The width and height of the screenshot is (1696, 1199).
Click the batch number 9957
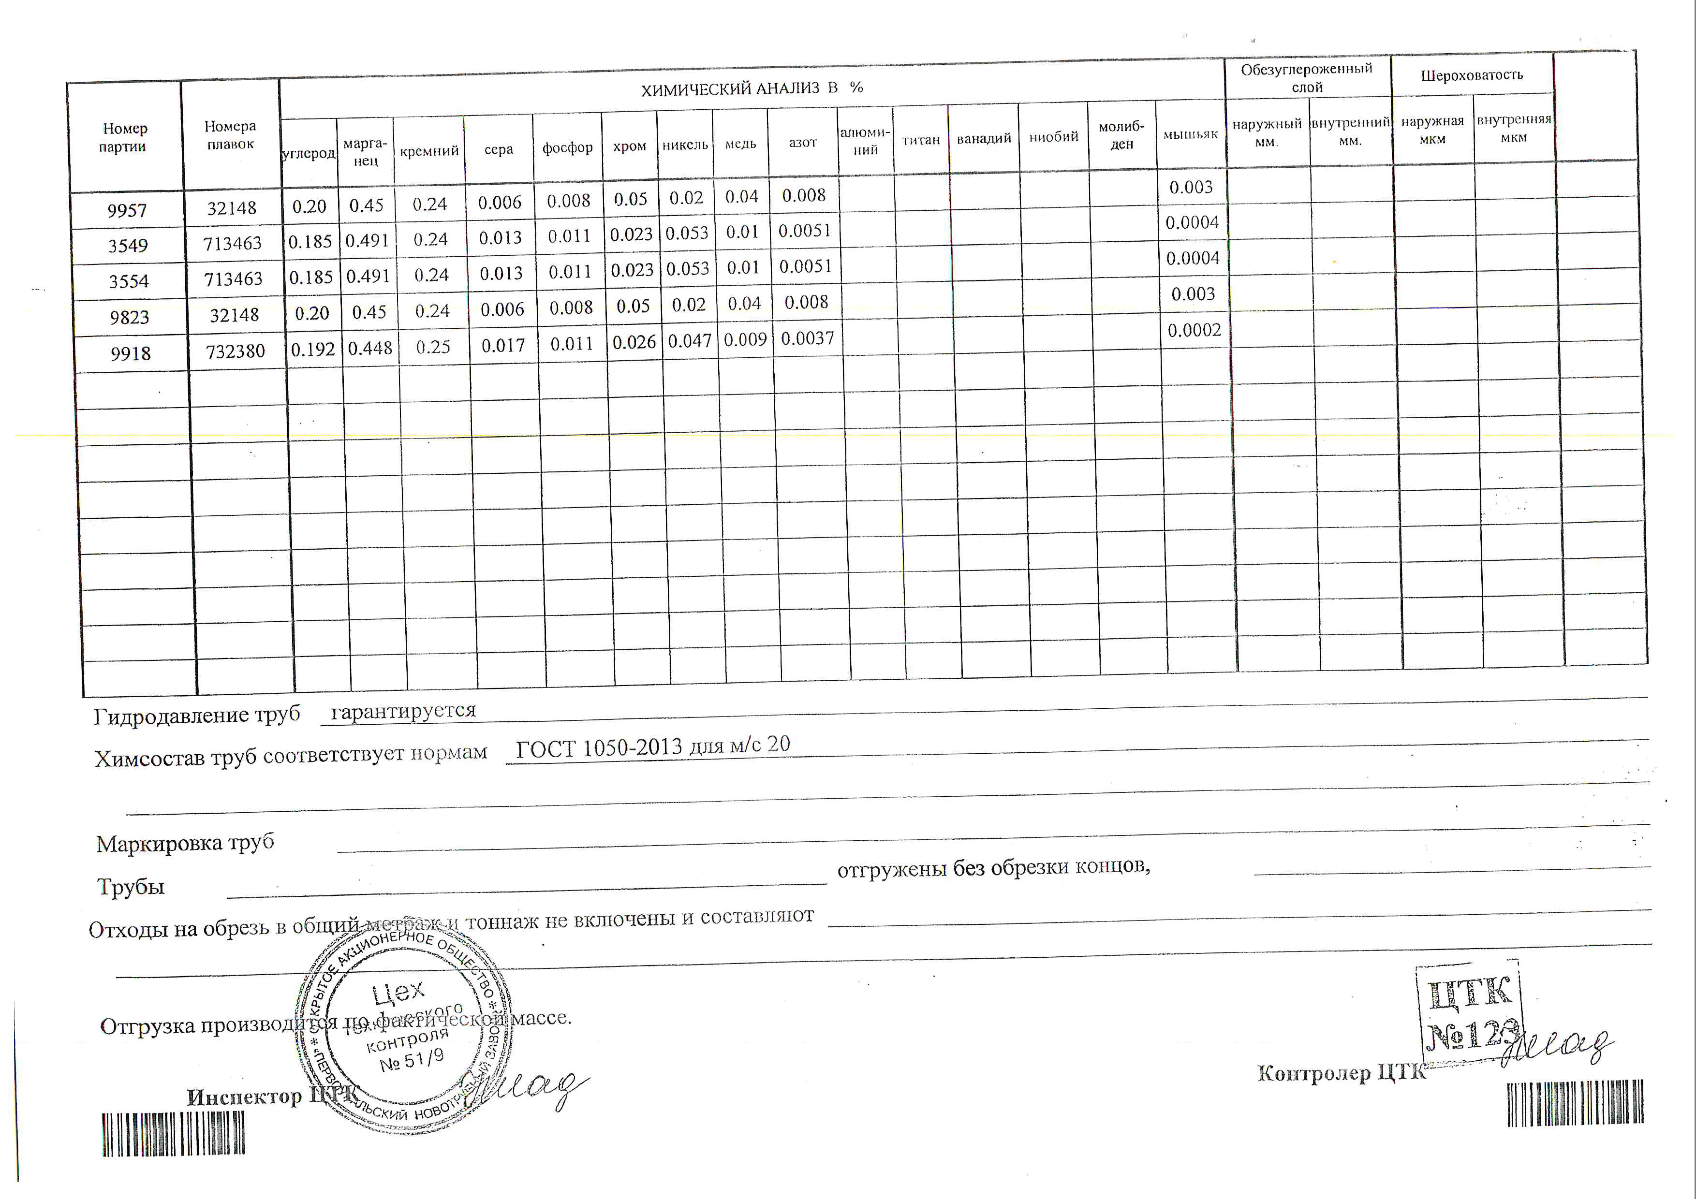127,210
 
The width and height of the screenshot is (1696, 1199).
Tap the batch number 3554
129,281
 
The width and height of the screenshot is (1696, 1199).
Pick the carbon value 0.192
312,349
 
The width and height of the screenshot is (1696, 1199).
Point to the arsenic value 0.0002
1194,330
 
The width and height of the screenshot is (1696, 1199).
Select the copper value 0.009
745,340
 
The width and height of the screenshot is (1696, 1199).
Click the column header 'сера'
499,149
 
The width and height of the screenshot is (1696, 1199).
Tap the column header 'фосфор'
567,147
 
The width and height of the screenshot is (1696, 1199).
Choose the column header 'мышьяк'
1190,134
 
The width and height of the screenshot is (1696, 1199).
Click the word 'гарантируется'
403,711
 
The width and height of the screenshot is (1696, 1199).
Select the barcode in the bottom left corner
174,1133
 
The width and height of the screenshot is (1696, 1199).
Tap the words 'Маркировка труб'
185,842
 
